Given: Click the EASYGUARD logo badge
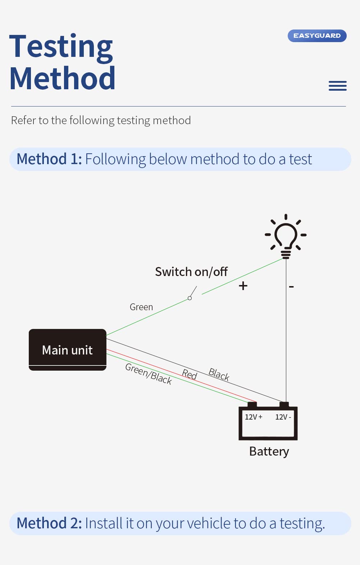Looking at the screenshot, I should [x=317, y=36].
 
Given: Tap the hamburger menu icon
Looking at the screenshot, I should [x=337, y=86].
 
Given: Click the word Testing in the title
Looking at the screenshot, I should [x=61, y=47].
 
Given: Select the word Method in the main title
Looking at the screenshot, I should [x=62, y=78].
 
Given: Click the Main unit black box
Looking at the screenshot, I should [x=67, y=350].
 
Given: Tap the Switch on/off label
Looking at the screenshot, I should [x=191, y=272].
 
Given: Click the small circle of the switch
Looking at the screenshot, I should [x=190, y=298].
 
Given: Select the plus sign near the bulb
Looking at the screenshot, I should [x=243, y=286].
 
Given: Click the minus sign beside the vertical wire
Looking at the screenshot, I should [x=291, y=286].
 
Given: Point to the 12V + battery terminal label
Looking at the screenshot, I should [x=254, y=417].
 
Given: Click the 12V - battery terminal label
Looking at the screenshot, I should [x=283, y=417].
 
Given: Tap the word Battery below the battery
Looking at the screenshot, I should [x=269, y=451].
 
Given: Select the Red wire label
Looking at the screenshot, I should [x=190, y=375].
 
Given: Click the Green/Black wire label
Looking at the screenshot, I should [x=148, y=374].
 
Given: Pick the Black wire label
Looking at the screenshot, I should [x=219, y=374].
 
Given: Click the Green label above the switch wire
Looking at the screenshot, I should [x=141, y=307].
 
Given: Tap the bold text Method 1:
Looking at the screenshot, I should [x=49, y=159].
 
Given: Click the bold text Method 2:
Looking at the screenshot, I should [x=49, y=523].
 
